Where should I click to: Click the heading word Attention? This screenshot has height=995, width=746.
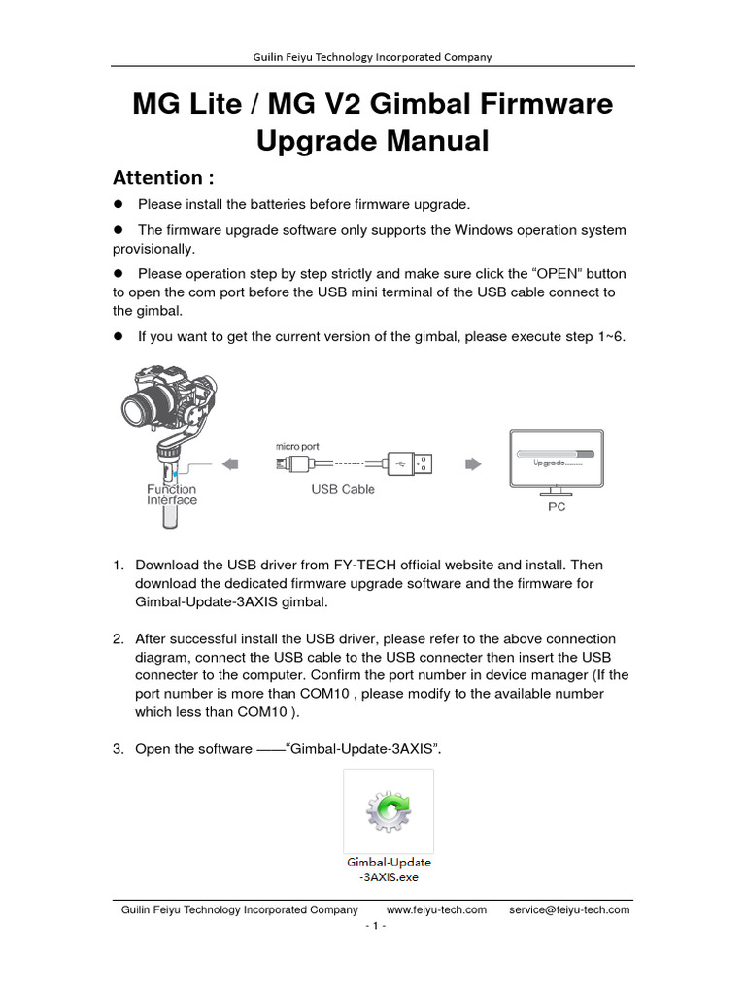tap(157, 178)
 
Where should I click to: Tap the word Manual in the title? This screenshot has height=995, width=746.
tap(428, 141)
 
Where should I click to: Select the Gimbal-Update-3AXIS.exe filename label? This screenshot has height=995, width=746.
tap(389, 869)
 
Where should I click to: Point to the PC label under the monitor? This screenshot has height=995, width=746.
tap(557, 506)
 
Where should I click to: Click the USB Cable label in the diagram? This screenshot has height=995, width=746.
tap(343, 489)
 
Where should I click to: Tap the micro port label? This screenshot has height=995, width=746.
tap(297, 445)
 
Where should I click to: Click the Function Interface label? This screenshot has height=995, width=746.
tap(172, 495)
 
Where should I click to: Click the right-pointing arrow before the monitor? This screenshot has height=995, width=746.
tap(473, 463)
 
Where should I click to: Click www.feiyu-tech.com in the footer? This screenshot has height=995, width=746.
tap(436, 910)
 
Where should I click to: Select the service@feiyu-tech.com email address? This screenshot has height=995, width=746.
tap(569, 910)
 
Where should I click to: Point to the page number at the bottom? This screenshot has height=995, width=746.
tap(376, 926)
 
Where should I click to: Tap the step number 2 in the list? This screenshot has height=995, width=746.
tap(117, 639)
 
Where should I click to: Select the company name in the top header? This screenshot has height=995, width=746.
tap(372, 57)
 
